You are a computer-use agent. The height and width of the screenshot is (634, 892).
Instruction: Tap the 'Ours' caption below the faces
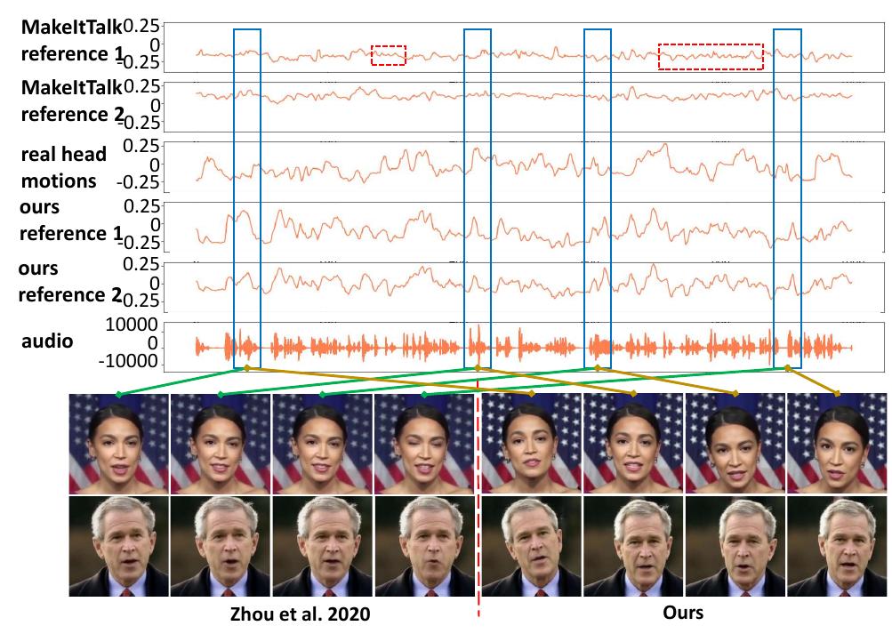coord(682,613)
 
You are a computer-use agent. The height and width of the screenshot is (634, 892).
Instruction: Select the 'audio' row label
coord(46,341)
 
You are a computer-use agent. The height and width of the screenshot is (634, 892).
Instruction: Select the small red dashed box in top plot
coord(388,55)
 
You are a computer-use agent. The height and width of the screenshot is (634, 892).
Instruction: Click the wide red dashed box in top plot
coord(711,56)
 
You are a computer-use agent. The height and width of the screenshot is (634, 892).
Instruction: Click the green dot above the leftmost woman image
coord(118,394)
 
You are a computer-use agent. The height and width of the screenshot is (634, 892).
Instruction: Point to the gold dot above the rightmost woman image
coord(839,394)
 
